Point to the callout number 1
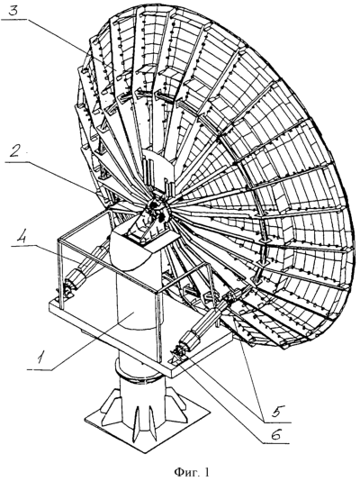coord(40,358)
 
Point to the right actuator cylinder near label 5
coord(202,322)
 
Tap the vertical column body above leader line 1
coord(138,295)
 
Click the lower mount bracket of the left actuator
coord(65,291)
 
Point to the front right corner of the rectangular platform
coord(172,376)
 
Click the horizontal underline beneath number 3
coord(15,20)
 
